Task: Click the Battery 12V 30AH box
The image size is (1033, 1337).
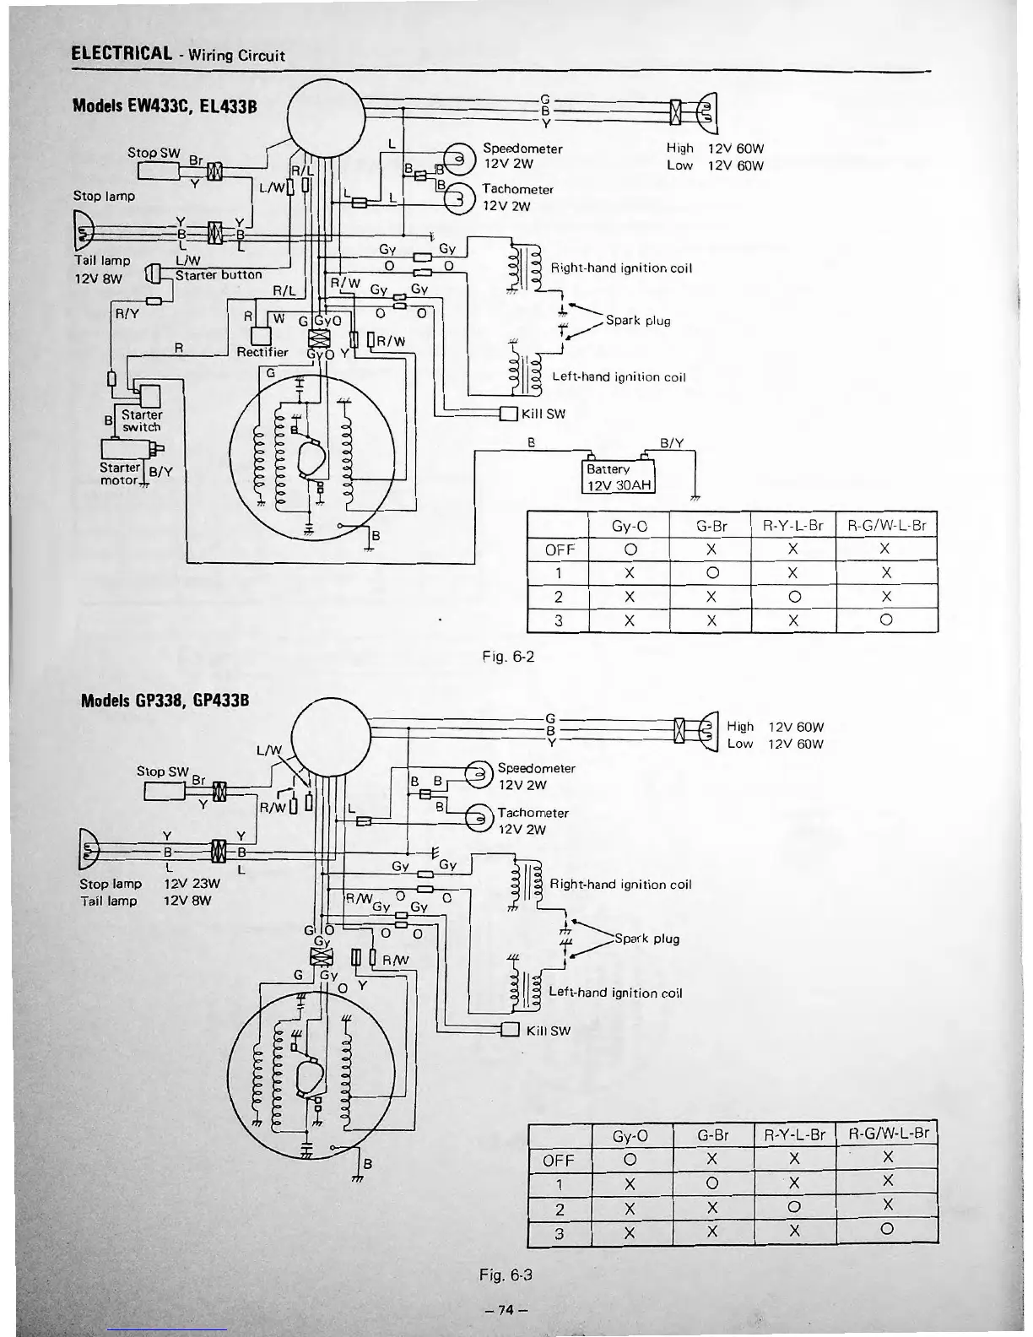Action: click(x=619, y=477)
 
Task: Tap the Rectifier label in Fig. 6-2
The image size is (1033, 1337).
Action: click(x=262, y=352)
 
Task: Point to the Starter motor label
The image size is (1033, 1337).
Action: click(x=120, y=474)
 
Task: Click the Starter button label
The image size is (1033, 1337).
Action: click(x=219, y=274)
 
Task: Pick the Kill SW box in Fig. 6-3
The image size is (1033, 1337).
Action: click(x=510, y=1030)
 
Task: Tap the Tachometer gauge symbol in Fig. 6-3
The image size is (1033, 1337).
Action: click(x=477, y=817)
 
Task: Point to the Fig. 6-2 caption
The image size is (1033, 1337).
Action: click(x=508, y=656)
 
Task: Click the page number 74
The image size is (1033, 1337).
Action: click(x=506, y=1310)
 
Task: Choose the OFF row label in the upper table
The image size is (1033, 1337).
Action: click(x=559, y=549)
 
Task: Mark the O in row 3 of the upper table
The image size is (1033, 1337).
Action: click(x=884, y=621)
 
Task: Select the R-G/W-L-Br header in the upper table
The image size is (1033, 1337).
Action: click(x=885, y=525)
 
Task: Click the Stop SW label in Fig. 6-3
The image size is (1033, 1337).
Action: click(x=162, y=771)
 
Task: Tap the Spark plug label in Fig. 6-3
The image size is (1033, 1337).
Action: click(x=646, y=939)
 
